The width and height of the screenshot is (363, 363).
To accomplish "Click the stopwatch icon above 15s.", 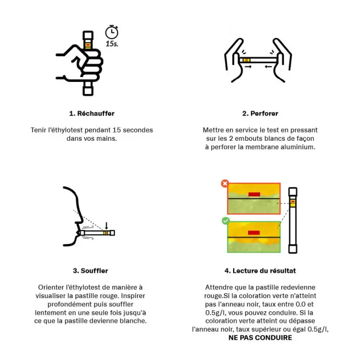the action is click(x=112, y=32).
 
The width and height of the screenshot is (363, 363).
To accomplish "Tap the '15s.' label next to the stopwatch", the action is click(x=112, y=44).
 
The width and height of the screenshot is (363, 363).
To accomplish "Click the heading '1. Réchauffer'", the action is click(x=92, y=113).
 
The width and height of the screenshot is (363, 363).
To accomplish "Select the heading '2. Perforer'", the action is click(x=260, y=113).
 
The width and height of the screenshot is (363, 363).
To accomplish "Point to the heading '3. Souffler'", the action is click(x=91, y=271).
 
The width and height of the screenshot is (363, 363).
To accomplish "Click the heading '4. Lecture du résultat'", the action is click(x=260, y=271).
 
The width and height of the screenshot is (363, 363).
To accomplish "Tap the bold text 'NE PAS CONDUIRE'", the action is click(x=260, y=338).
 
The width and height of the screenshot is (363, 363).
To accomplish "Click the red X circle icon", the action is click(x=225, y=184).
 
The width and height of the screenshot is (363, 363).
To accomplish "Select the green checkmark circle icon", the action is click(x=226, y=221).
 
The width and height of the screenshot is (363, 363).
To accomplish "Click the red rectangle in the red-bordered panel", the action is click(x=254, y=194).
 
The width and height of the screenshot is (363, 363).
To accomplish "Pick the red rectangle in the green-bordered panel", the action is click(x=254, y=233).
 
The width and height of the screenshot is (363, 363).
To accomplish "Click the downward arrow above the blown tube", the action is click(x=107, y=226).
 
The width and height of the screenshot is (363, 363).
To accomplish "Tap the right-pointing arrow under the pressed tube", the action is click(x=248, y=67).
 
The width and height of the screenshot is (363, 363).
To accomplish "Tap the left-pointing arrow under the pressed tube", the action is click(x=268, y=67).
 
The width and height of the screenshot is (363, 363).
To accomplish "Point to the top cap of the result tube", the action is click(x=293, y=192).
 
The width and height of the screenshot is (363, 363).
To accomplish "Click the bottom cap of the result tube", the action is click(x=293, y=248).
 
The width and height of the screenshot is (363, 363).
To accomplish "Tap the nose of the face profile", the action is click(x=80, y=218).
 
